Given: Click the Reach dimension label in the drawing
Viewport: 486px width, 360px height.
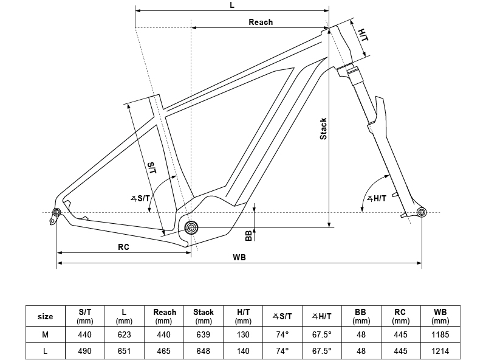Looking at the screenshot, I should click(x=261, y=22).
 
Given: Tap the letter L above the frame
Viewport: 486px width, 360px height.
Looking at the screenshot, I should click(x=232, y=5).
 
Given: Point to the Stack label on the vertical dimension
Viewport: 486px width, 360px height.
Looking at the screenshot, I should click(x=324, y=128).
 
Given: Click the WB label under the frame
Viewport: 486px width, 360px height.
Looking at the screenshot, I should click(x=239, y=257).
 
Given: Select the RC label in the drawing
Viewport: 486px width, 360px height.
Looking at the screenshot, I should click(x=123, y=247).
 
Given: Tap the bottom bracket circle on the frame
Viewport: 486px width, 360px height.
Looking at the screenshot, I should click(x=191, y=228).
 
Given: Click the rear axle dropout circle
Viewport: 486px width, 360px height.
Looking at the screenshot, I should click(x=56, y=212).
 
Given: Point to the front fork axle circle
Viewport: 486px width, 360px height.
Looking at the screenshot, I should click(x=422, y=212).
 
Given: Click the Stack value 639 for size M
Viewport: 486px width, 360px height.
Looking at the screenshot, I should click(x=204, y=334).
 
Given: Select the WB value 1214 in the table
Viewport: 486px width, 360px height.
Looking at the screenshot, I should click(x=440, y=351).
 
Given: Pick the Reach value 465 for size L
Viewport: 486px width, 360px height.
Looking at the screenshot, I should click(x=164, y=351).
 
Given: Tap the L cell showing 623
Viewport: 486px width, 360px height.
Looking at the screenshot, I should click(x=125, y=334).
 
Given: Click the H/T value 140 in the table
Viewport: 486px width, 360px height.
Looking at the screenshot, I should click(x=243, y=351).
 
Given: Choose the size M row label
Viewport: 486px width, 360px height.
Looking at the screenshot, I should click(x=46, y=334).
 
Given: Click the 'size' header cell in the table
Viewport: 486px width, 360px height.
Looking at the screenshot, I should click(x=46, y=316).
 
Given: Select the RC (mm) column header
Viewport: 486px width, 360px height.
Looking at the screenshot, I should click(x=400, y=316).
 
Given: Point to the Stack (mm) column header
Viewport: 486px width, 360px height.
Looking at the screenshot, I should click(x=204, y=316).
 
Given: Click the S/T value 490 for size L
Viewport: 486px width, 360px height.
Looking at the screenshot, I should click(x=85, y=351).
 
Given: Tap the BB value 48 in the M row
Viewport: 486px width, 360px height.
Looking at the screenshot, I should click(x=361, y=334).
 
